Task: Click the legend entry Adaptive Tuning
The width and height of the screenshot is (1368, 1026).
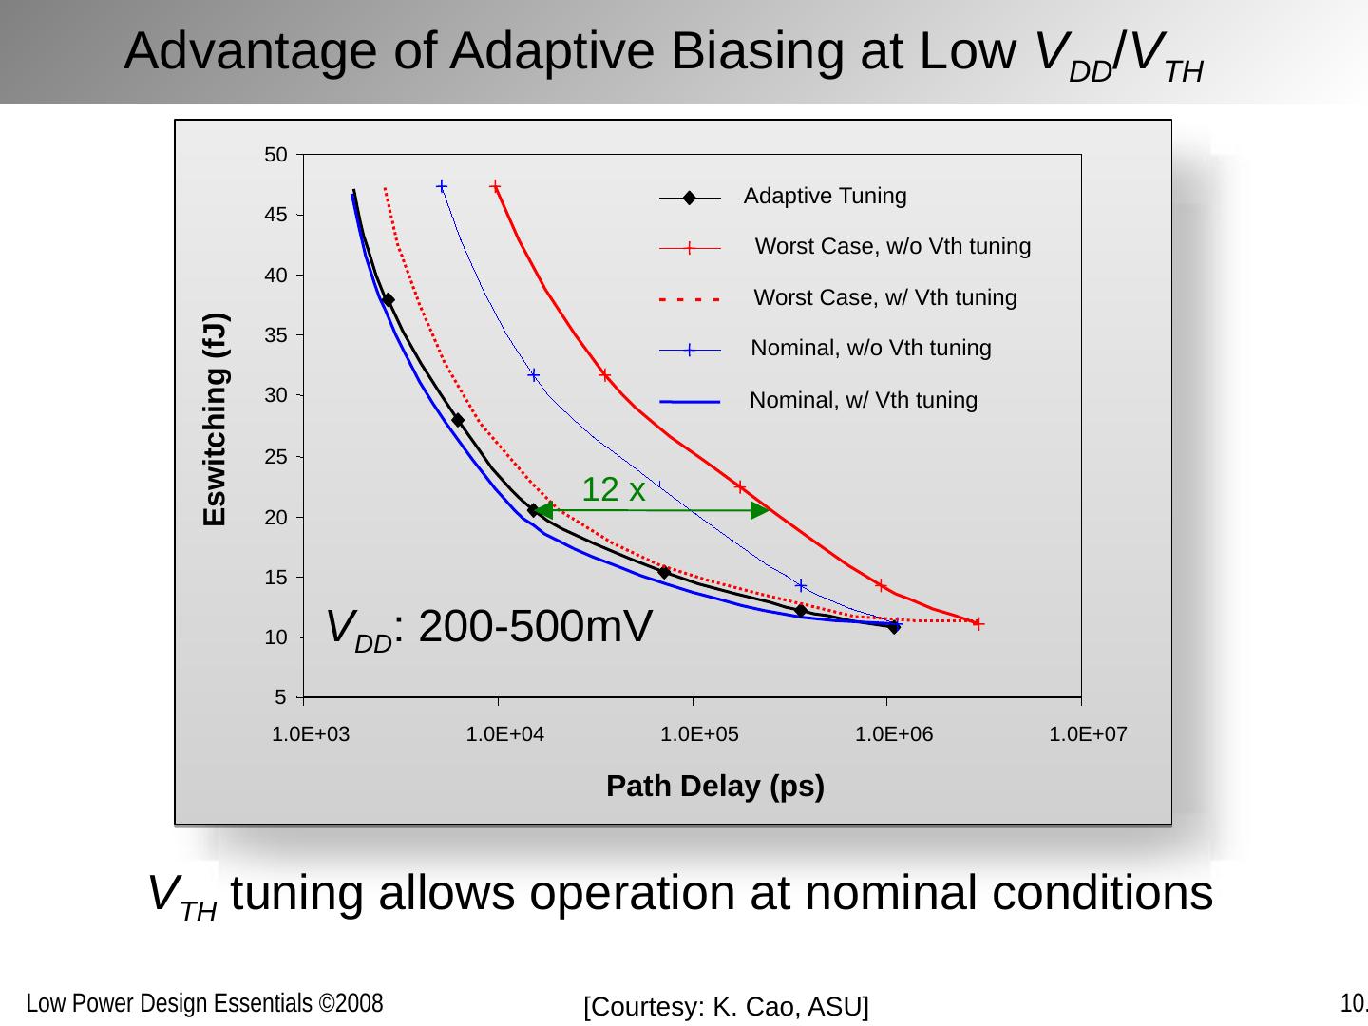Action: click(x=825, y=197)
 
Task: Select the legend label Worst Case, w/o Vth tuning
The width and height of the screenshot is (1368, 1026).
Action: click(x=892, y=247)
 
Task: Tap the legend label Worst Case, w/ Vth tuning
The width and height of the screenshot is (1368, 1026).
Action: click(x=884, y=298)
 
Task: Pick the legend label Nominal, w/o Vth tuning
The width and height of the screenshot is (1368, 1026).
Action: click(x=870, y=349)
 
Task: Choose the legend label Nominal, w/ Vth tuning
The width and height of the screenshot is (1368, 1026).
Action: click(x=863, y=401)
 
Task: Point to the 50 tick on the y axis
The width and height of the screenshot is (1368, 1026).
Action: click(x=275, y=155)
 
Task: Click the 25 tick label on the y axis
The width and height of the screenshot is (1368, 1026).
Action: click(x=275, y=457)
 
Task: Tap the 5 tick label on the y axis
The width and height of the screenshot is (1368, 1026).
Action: click(x=280, y=698)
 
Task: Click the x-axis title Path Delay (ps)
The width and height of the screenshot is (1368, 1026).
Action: click(x=714, y=787)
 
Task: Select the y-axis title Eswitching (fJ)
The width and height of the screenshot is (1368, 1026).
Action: click(x=216, y=419)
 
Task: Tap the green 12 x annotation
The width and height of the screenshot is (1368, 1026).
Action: click(x=614, y=490)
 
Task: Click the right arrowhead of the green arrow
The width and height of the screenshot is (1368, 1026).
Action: click(x=760, y=511)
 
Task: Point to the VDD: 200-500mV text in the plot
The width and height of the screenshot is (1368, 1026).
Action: click(x=489, y=628)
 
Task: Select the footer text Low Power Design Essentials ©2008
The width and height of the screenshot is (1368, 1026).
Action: click(x=204, y=1004)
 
